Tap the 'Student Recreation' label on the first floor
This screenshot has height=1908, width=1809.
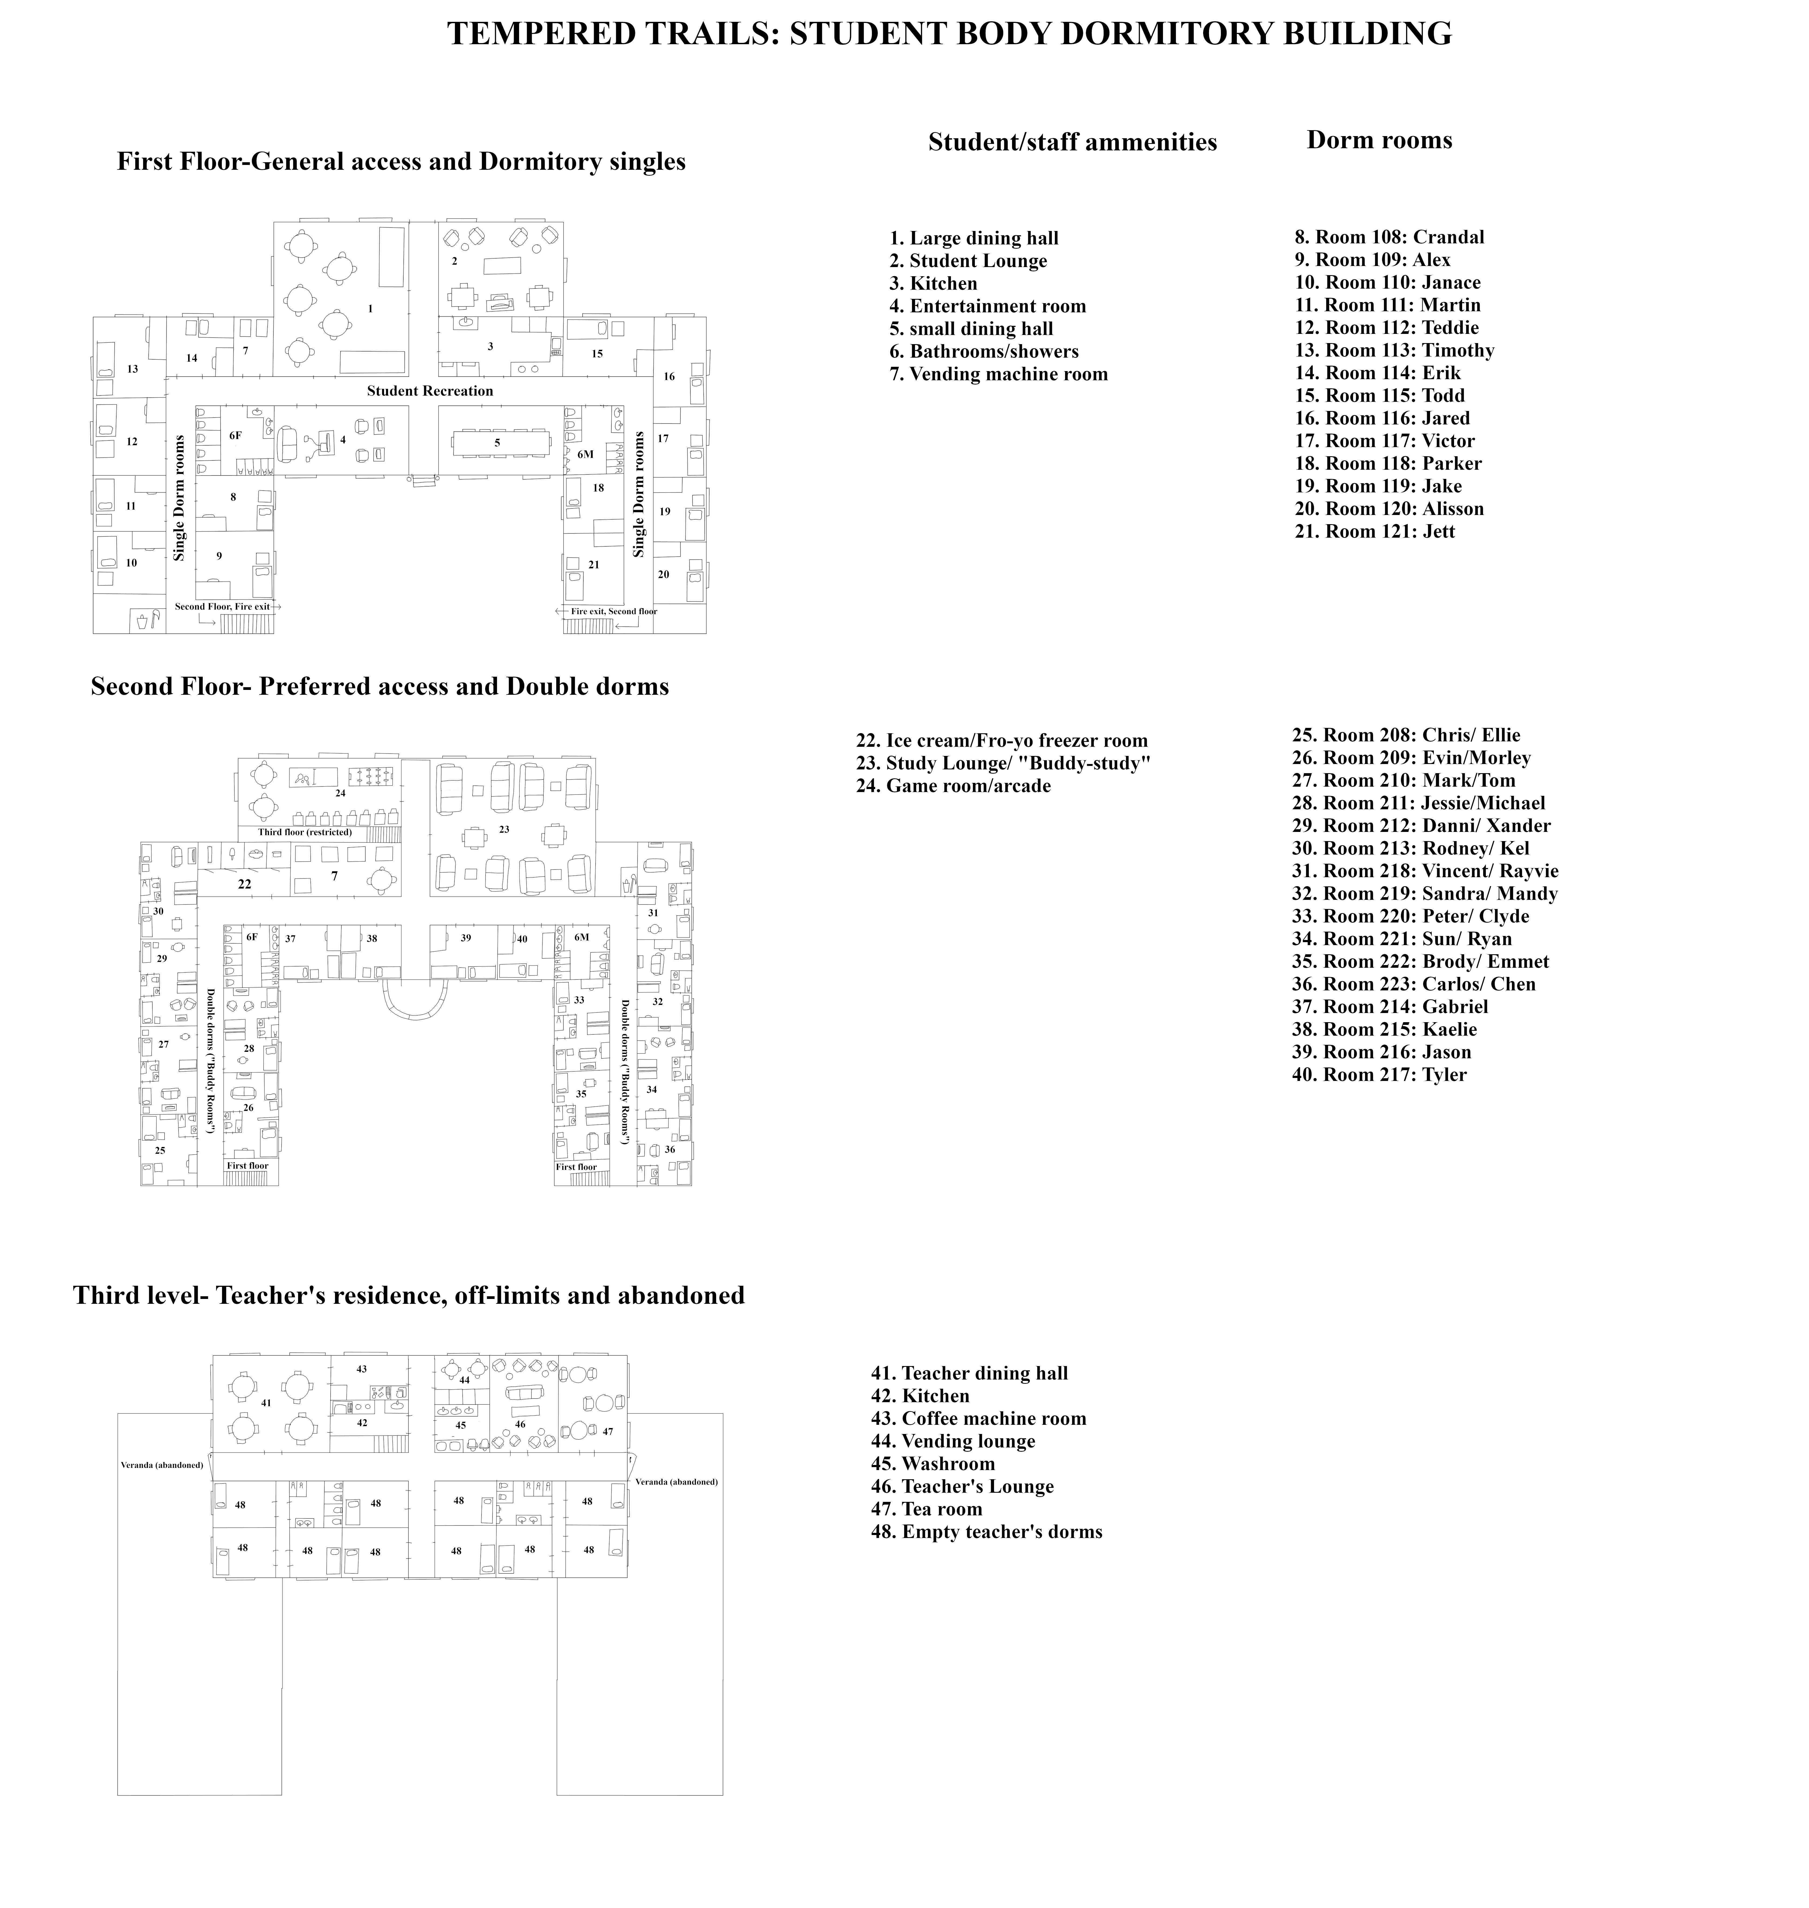[x=430, y=391]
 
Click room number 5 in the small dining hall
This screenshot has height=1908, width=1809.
[x=498, y=443]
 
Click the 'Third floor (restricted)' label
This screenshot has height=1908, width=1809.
[x=305, y=832]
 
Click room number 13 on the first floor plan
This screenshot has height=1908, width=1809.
[x=132, y=369]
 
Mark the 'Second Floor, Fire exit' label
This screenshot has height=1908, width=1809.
[x=223, y=607]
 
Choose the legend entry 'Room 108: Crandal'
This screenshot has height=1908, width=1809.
[x=1390, y=237]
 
